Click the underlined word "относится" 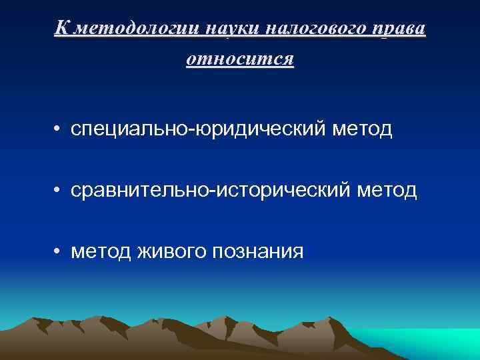click(240, 59)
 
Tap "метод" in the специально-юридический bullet click(365, 129)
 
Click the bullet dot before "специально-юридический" click(59, 129)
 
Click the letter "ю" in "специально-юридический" click(201, 129)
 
